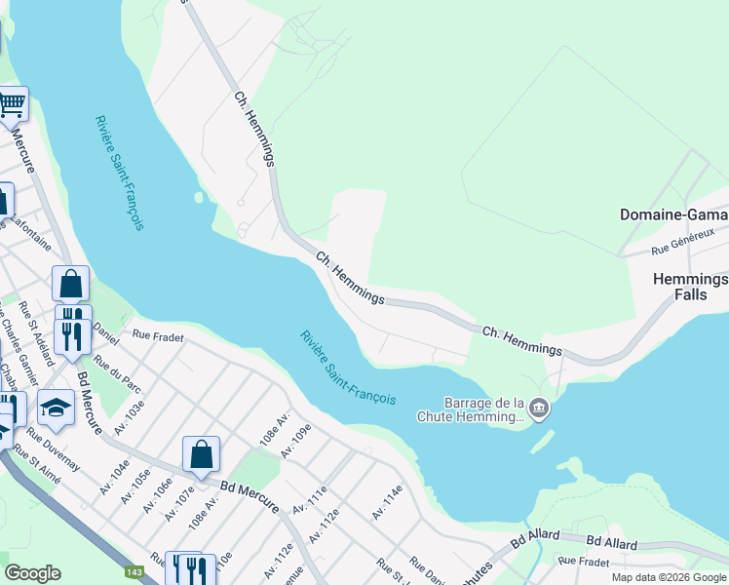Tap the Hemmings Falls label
click(690, 287)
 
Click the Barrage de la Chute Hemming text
click(484, 409)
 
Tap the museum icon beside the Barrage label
click(539, 409)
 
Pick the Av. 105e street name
click(136, 486)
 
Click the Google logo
click(33, 573)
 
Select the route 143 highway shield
click(132, 572)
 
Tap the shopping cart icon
click(12, 104)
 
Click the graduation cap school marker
click(56, 409)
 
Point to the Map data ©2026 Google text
click(669, 577)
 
